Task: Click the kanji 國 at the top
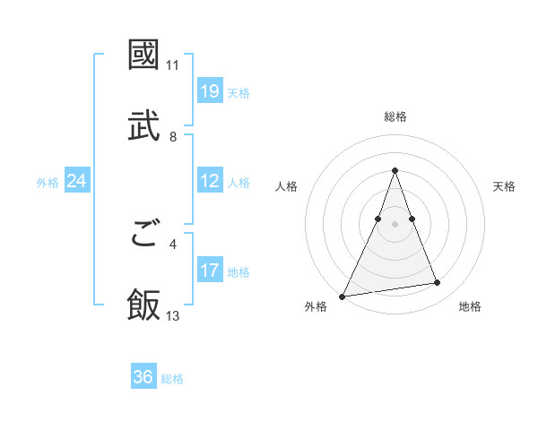[x=143, y=55]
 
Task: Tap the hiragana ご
[x=143, y=235]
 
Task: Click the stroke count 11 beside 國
[x=173, y=65]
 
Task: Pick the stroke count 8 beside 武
[x=173, y=136]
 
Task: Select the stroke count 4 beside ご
[x=173, y=243]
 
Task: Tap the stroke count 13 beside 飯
[x=173, y=315]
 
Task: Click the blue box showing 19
[x=210, y=91]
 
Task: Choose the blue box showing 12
[x=210, y=181]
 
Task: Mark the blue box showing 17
[x=210, y=271]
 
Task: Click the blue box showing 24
[x=77, y=181]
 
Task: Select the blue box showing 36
[x=143, y=377]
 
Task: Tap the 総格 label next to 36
[x=172, y=379]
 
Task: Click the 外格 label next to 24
[x=48, y=183]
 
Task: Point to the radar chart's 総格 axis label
[x=395, y=116]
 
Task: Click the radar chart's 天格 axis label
[x=504, y=186]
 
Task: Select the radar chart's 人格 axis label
[x=287, y=186]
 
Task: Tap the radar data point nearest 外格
[x=343, y=296]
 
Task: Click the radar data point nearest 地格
[x=438, y=283]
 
